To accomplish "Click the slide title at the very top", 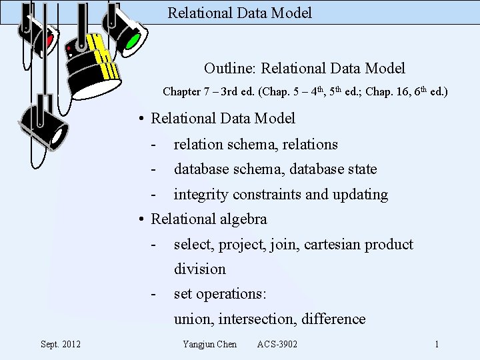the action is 239,13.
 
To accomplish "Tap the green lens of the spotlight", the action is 133,41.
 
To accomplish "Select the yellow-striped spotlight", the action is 93,63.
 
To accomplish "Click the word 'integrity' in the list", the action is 197,195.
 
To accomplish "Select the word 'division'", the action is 200,269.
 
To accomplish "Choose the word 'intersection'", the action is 261,319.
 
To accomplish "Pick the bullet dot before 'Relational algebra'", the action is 142,219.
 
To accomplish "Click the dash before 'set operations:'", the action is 154,294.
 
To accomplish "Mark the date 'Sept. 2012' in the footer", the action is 61,344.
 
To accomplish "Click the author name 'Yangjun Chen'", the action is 209,344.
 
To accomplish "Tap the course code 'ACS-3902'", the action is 277,344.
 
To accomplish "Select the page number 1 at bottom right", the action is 437,344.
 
